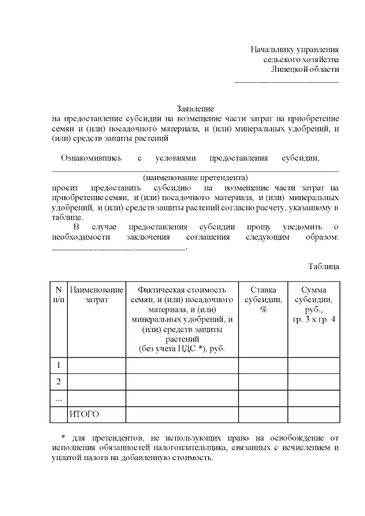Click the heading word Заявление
[195, 108]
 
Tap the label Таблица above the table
[324, 266]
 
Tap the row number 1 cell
[59, 365]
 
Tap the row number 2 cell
[59, 381]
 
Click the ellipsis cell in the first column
[59, 398]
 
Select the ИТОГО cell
[84, 415]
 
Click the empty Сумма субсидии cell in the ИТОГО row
[314, 415]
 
